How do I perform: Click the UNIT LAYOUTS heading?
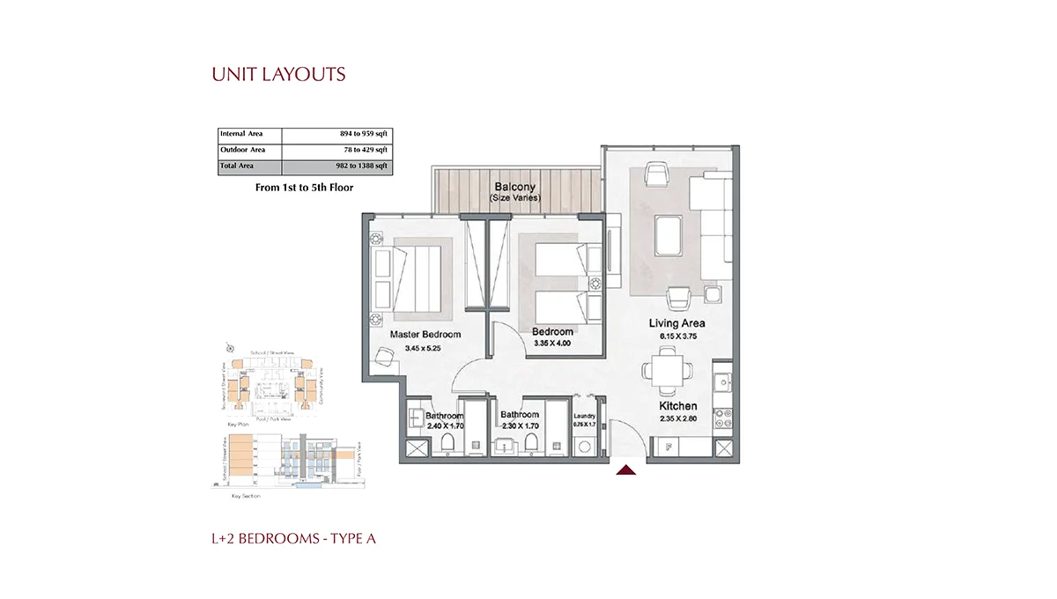278,74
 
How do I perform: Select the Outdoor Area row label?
243,150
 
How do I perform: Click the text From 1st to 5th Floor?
304,188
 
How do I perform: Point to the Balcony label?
515,187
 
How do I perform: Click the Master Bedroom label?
426,335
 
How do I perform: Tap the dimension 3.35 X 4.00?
552,344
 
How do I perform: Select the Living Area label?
676,323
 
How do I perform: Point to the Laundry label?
585,416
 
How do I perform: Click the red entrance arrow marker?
626,471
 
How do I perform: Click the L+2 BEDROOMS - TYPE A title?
293,538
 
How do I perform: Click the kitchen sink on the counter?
722,382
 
